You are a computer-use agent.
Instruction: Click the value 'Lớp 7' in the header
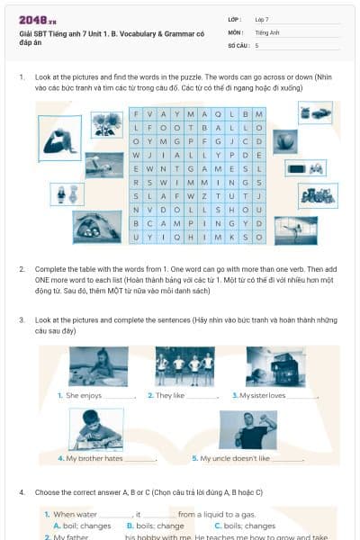click(x=262, y=19)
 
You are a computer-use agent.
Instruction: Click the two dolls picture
click(x=66, y=193)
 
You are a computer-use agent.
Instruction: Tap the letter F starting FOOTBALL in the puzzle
click(x=150, y=128)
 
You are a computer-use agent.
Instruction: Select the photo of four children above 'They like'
click(x=184, y=366)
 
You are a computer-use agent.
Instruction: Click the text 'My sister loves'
click(x=262, y=395)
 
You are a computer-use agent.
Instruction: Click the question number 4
click(x=22, y=492)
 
